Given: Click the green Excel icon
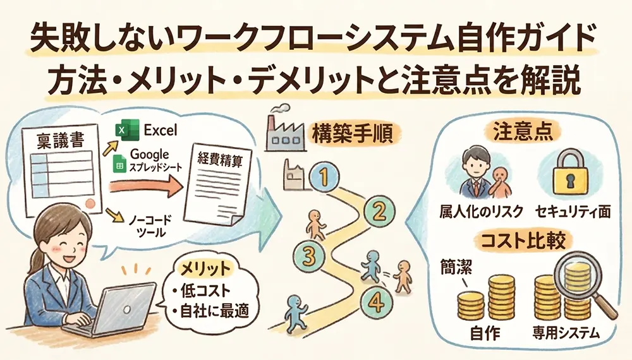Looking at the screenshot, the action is [x=127, y=129].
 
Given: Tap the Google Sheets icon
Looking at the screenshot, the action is [x=119, y=164].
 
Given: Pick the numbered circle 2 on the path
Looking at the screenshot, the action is [x=377, y=212].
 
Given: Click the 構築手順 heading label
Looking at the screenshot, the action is [x=352, y=135].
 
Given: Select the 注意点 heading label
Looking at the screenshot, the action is [x=523, y=131].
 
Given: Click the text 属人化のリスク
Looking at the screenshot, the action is [x=481, y=212].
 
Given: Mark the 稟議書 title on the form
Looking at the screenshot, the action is [x=61, y=141].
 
